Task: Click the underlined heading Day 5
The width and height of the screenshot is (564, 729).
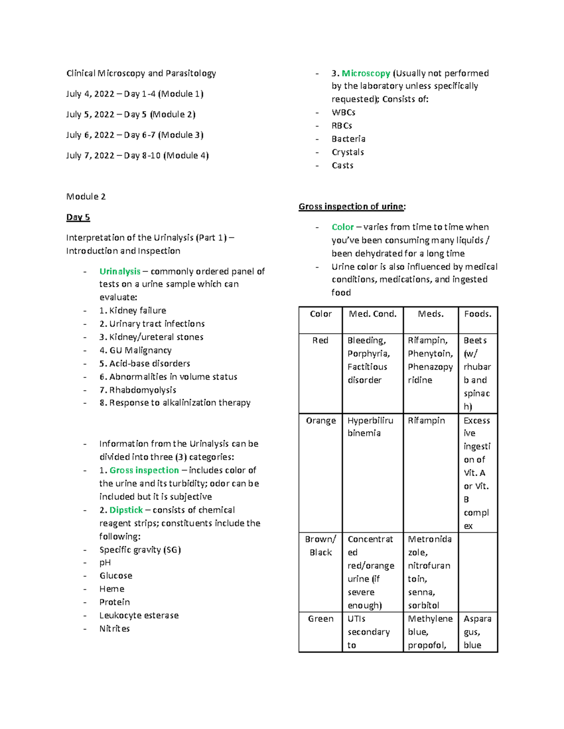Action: [x=78, y=217]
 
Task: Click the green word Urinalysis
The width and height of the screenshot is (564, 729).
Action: [x=120, y=271]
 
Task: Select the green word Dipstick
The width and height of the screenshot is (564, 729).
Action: [x=126, y=510]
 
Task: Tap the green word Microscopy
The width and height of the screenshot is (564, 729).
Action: [x=366, y=73]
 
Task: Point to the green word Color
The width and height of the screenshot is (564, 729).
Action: [x=343, y=227]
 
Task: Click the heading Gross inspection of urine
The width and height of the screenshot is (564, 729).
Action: [x=352, y=207]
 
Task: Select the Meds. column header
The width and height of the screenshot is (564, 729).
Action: [x=431, y=314]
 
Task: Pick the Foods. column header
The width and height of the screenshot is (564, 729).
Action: [x=478, y=314]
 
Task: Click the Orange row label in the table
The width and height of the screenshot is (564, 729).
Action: [x=321, y=421]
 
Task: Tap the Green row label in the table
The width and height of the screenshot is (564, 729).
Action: [x=321, y=619]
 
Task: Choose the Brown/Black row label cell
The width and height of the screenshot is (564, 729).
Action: [x=321, y=546]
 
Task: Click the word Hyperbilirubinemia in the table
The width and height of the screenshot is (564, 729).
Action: [x=370, y=427]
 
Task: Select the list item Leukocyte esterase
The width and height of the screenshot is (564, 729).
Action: [x=139, y=615]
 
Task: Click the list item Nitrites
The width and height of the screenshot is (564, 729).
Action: [x=114, y=629]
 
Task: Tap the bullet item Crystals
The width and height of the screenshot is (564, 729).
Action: [x=348, y=152]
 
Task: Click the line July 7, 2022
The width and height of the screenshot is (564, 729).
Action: [x=137, y=155]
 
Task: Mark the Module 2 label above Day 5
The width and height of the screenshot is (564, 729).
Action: [x=86, y=197]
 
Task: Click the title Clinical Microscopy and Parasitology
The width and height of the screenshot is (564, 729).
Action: [x=141, y=73]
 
